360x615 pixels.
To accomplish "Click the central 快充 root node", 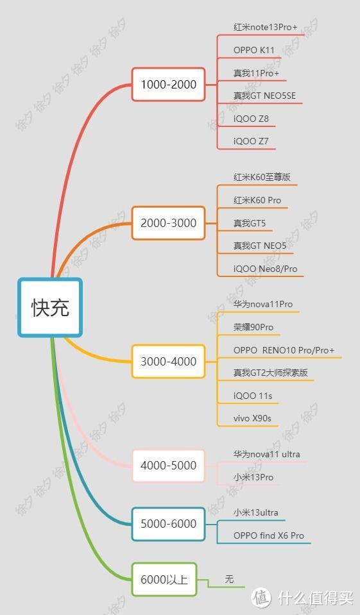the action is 50,307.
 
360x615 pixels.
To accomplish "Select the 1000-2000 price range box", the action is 168,84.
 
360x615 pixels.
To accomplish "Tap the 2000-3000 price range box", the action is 168,223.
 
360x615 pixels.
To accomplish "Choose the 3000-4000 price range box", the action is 168,361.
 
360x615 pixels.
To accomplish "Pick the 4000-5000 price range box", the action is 168,466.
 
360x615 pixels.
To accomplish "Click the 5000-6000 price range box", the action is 168,523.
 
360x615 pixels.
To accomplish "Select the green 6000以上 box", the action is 164,579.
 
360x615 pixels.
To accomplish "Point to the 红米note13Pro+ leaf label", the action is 266,27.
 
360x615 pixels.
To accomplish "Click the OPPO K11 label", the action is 253,50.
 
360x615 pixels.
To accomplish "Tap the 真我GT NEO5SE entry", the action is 264,96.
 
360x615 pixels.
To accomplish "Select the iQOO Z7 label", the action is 251,141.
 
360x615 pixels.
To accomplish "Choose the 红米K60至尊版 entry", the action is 262,177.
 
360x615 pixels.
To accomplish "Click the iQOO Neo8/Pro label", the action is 266,269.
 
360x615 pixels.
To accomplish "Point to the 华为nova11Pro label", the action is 263,304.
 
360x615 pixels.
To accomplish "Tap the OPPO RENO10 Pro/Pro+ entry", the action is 284,350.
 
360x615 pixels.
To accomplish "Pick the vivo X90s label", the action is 252,418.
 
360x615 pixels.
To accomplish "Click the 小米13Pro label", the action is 253,477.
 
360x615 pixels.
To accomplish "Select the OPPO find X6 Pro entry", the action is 268,535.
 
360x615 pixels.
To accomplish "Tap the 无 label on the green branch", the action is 229,579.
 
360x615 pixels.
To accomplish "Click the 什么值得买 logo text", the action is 316,598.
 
